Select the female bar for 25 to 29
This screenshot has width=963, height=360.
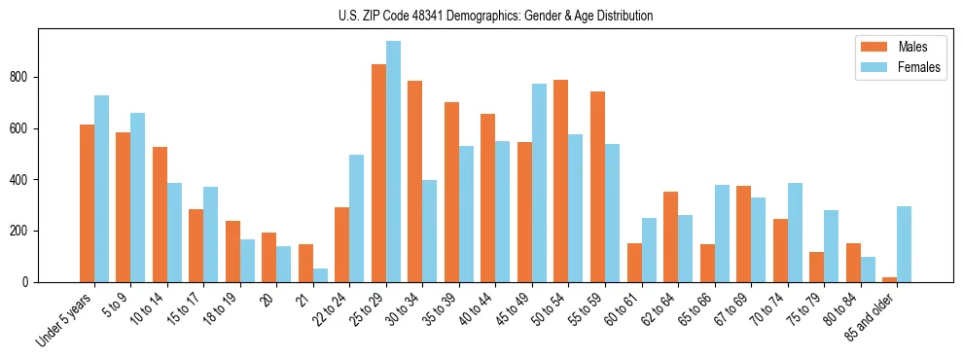(393, 162)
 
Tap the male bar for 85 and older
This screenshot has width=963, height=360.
(889, 279)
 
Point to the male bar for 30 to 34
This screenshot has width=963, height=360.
(415, 181)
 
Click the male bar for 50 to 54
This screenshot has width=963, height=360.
(561, 181)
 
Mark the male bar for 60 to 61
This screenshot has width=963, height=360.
(634, 263)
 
